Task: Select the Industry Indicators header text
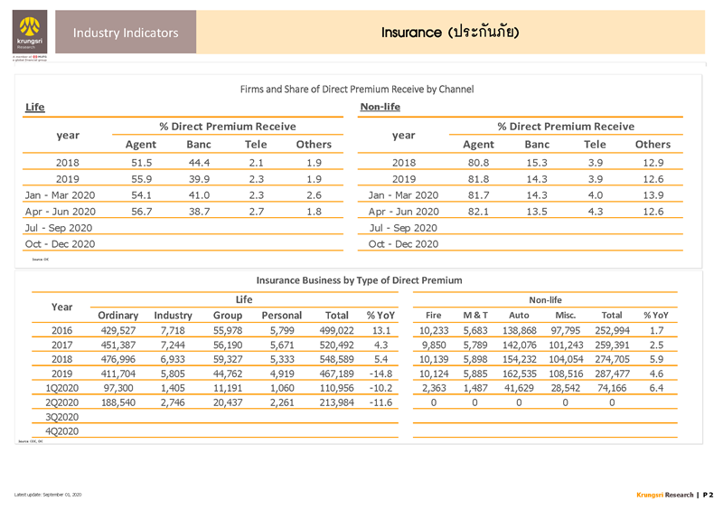[x=126, y=33]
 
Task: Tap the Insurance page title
[x=449, y=33]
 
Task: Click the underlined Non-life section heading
[x=380, y=108]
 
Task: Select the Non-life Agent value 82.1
[x=477, y=211]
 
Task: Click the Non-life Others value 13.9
[x=653, y=195]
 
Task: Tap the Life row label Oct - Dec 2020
[x=59, y=244]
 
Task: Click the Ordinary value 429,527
[x=118, y=331]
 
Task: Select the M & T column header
[x=474, y=315]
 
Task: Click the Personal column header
[x=281, y=315]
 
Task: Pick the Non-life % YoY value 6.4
[x=656, y=388]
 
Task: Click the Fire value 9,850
[x=435, y=345]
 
